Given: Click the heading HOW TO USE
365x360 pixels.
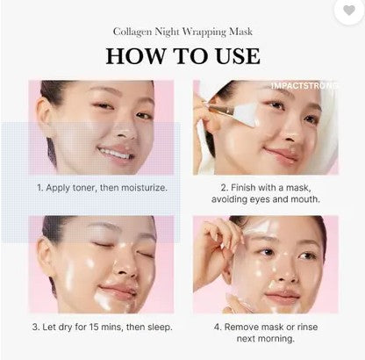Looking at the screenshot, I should (x=182, y=56).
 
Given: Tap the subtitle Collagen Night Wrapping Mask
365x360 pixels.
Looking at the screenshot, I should (x=182, y=31).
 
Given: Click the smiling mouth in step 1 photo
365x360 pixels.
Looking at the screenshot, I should (x=114, y=154).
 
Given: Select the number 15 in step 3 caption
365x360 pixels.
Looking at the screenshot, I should (x=94, y=327).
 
